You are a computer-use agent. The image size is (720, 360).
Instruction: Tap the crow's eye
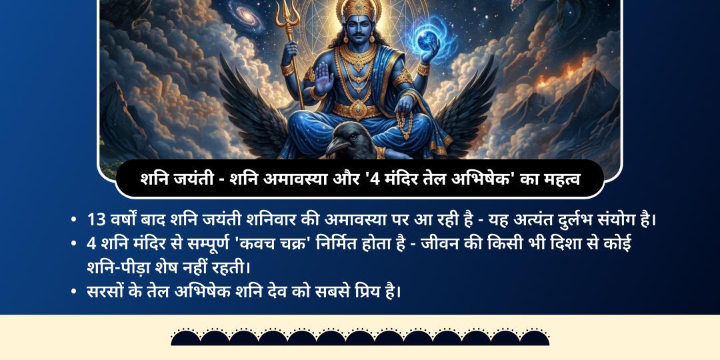point(349,133)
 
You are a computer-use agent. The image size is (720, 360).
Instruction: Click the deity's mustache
point(360,33)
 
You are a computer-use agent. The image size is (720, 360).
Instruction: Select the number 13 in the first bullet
point(95,219)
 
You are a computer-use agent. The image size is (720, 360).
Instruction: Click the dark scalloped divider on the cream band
point(360,337)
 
